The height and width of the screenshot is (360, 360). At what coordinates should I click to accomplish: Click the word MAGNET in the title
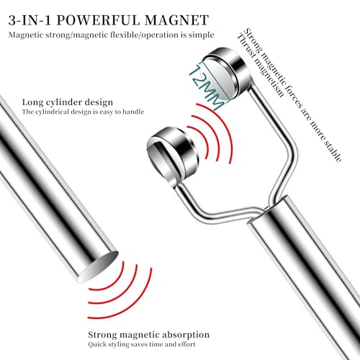click(x=176, y=20)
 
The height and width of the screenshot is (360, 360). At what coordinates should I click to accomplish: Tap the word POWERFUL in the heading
click(x=99, y=20)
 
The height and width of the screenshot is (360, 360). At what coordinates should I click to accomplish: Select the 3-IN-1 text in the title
click(x=30, y=20)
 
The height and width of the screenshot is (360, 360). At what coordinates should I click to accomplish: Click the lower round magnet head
click(x=172, y=155)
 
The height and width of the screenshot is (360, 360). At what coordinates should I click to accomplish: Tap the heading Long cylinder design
click(x=68, y=102)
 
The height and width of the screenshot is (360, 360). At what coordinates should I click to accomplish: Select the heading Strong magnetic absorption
click(x=148, y=335)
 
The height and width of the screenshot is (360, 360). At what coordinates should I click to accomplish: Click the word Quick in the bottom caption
click(x=96, y=345)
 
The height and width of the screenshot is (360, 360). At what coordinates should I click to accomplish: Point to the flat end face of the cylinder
click(x=99, y=266)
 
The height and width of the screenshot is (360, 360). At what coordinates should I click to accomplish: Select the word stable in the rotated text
click(x=333, y=150)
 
